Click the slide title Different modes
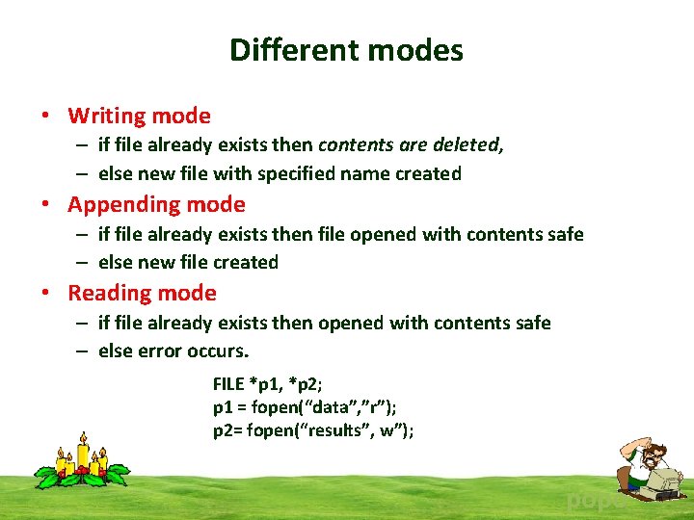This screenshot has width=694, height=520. (x=346, y=50)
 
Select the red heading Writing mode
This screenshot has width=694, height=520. (x=139, y=116)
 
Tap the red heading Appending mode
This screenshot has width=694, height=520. (x=156, y=204)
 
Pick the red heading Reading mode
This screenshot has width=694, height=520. (x=142, y=293)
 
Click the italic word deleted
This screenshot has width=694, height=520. (x=471, y=145)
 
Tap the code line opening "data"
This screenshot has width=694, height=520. (x=305, y=408)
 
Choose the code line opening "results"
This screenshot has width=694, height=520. (x=313, y=430)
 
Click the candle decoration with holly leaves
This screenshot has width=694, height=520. (x=82, y=463)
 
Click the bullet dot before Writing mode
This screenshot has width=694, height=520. (x=45, y=117)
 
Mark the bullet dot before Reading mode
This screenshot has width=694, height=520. (x=45, y=294)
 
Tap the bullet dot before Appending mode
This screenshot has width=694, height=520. (x=45, y=205)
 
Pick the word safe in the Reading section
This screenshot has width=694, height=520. (x=531, y=323)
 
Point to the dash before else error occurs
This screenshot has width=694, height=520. (x=84, y=351)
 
